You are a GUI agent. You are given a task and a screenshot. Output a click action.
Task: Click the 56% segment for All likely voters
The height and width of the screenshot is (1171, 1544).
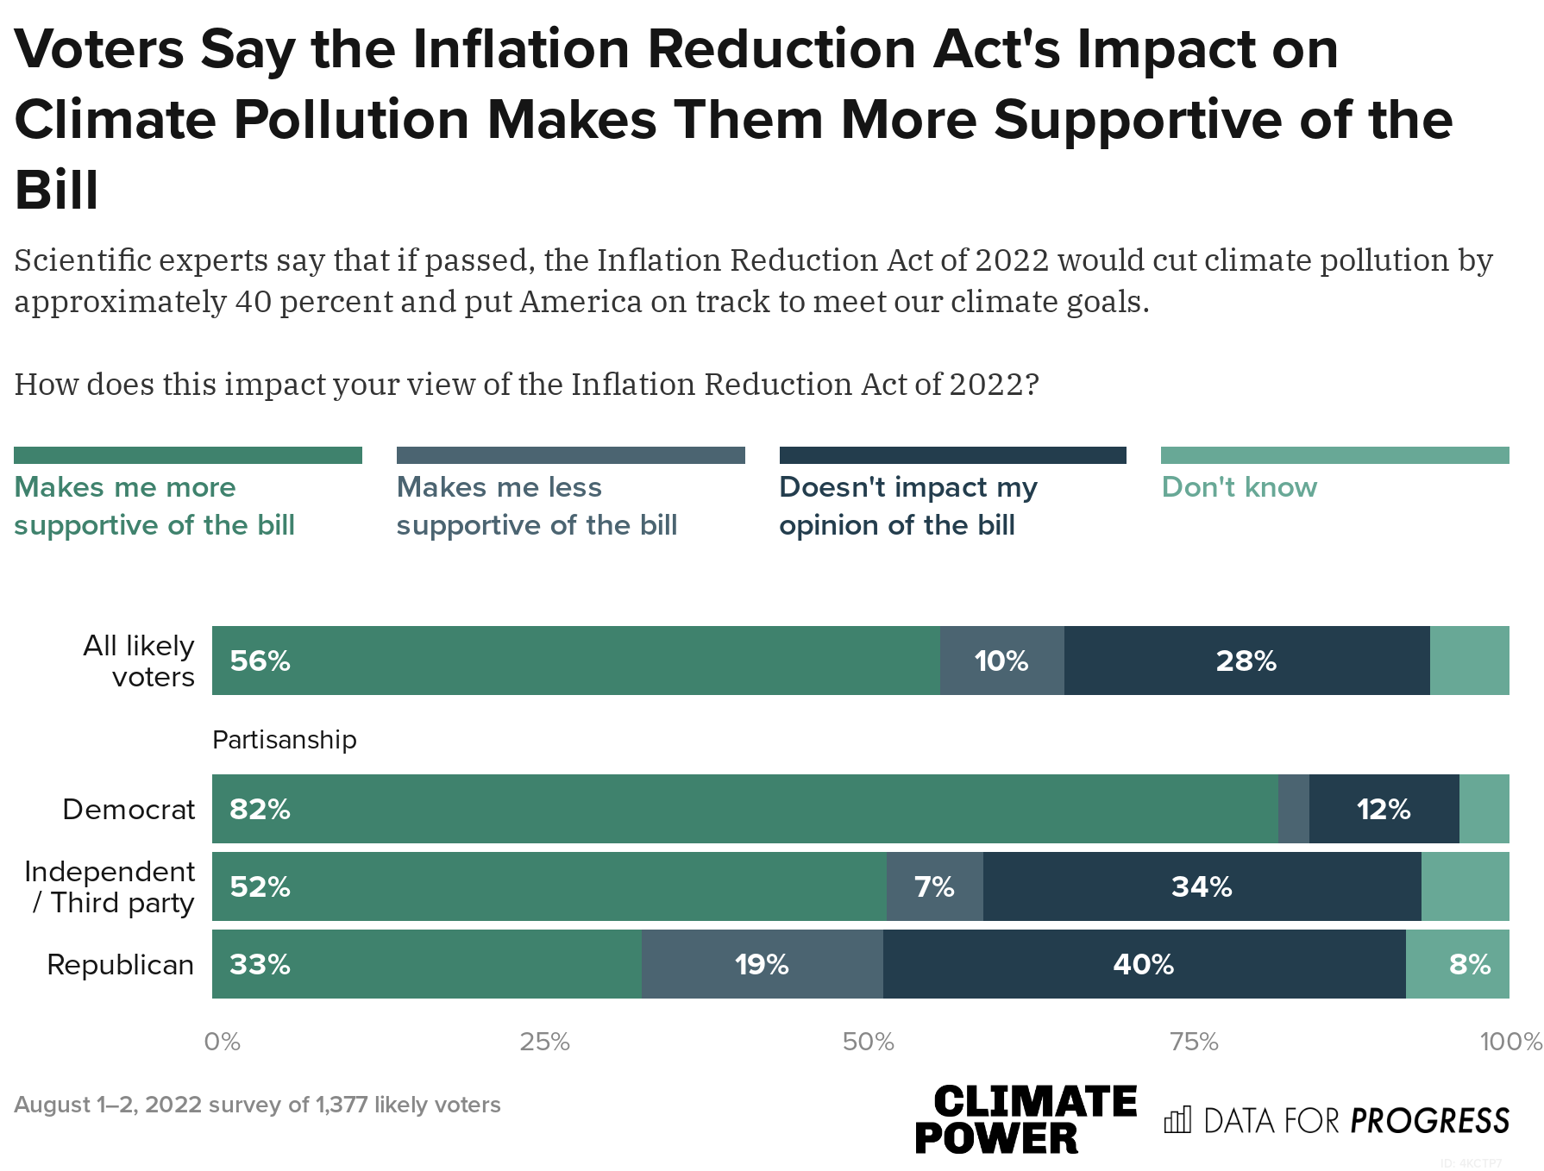[575, 661]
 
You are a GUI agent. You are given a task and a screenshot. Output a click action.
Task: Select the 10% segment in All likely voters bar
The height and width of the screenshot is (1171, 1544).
[1001, 661]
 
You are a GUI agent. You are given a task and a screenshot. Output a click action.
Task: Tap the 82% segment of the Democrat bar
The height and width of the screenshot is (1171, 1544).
[744, 809]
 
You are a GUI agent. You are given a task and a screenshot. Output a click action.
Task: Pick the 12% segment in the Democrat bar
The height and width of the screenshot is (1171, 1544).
[1384, 809]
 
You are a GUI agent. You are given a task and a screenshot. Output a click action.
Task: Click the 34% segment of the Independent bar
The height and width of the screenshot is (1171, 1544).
[1202, 886]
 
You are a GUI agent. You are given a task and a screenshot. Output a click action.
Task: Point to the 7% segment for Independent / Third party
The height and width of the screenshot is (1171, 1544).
[934, 886]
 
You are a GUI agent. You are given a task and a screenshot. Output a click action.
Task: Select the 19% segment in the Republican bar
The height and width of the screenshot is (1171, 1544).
[762, 964]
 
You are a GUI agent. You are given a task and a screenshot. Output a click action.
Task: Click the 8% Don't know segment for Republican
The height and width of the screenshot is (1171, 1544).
[1469, 964]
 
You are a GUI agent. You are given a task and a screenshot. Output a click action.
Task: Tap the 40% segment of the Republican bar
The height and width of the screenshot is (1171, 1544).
[1144, 964]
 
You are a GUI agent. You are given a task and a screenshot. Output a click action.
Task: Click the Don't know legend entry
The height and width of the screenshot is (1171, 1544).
[1239, 487]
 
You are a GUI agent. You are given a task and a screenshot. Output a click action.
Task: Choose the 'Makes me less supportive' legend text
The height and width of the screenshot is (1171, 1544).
[536, 506]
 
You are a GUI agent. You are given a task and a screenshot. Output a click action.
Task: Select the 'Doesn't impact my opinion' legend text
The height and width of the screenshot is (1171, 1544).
[907, 506]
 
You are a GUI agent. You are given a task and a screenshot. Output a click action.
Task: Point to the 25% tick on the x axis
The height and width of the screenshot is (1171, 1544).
[544, 1042]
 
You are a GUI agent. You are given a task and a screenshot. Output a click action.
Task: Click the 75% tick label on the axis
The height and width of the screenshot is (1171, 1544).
[1194, 1042]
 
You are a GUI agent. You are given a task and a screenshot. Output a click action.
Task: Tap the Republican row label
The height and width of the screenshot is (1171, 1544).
[120, 964]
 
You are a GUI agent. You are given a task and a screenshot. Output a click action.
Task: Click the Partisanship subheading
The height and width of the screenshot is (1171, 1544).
[284, 740]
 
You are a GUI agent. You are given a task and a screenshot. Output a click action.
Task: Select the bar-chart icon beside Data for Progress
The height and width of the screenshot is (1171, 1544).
[1177, 1119]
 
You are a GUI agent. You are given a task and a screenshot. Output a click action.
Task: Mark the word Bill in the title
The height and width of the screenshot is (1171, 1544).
[57, 190]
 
